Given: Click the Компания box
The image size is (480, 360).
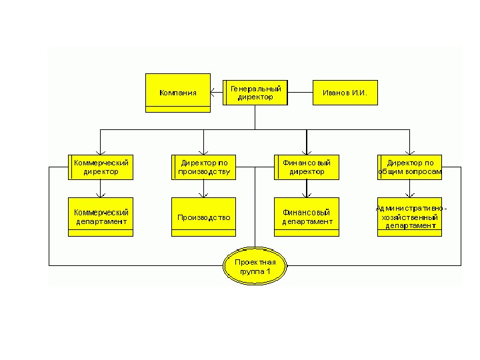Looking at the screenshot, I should (177, 92).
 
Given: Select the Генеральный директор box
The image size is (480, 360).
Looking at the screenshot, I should (255, 93).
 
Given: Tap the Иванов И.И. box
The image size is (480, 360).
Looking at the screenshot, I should (345, 93).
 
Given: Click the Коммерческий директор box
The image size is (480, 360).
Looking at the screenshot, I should (101, 167).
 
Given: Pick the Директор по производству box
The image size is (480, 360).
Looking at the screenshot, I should (204, 167).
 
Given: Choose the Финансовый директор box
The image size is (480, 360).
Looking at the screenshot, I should (307, 167).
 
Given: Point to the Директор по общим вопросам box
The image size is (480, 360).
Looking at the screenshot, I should (409, 167).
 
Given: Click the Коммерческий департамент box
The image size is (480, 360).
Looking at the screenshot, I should (101, 217).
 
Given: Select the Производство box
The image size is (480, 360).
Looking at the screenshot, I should (204, 217).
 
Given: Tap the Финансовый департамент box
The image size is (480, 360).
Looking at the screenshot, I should (307, 217).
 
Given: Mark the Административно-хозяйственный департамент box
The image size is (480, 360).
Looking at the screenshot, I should (409, 217).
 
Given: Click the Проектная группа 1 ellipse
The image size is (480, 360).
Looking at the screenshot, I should (255, 267).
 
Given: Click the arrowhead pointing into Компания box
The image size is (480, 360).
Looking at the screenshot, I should (213, 93).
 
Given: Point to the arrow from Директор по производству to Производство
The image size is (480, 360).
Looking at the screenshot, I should (204, 189).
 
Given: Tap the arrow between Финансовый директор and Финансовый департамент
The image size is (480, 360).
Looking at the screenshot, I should (307, 189).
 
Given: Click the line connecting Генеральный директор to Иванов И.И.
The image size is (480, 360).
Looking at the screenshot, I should (301, 93).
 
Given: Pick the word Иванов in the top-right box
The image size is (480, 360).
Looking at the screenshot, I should (335, 93).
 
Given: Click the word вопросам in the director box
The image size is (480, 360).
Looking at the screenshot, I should (425, 171).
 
